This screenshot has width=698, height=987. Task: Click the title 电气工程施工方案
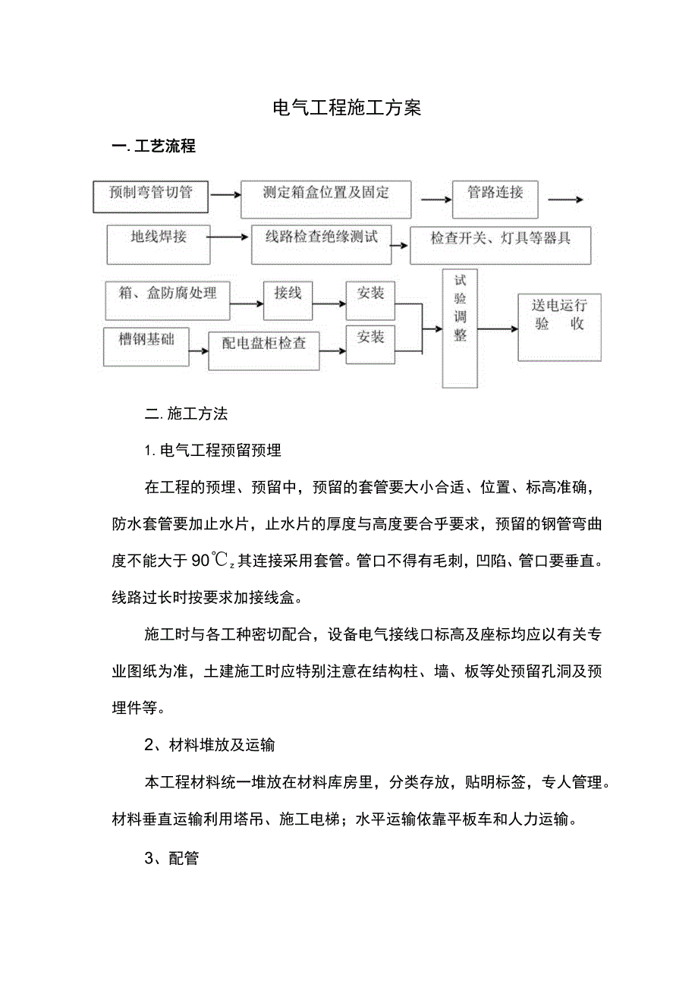click(x=347, y=108)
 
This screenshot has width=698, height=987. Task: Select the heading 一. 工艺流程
click(x=153, y=146)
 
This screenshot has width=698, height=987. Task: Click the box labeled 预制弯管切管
click(x=151, y=195)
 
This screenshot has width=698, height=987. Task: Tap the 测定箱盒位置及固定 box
click(x=325, y=197)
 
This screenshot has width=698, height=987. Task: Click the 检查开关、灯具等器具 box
click(x=500, y=244)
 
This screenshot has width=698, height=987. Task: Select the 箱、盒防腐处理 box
click(x=167, y=298)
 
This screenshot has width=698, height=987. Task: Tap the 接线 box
click(x=288, y=298)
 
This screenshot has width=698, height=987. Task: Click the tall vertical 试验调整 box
click(x=460, y=328)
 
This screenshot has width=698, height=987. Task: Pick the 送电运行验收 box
click(x=559, y=326)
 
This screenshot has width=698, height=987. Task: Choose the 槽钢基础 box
click(x=146, y=345)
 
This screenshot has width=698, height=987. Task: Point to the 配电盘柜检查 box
click(x=264, y=348)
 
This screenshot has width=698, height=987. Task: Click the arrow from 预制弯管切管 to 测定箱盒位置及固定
click(x=225, y=195)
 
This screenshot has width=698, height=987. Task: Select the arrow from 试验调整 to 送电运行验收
click(x=498, y=328)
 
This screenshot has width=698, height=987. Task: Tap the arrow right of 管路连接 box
click(x=565, y=200)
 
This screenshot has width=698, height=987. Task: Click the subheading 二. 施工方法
click(x=187, y=414)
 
